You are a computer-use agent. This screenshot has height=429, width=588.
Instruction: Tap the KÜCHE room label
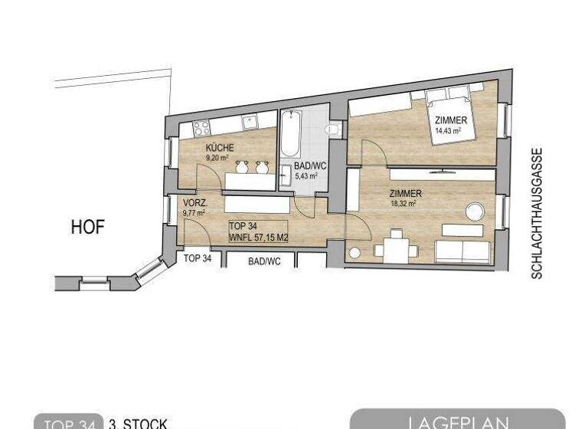(x=219, y=148)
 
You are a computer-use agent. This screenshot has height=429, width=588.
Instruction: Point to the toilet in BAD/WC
(x=332, y=130)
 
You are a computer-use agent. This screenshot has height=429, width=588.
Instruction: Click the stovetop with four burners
(x=202, y=127)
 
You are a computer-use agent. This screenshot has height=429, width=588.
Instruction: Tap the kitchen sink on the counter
(x=250, y=121)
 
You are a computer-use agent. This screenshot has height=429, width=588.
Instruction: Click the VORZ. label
(x=194, y=203)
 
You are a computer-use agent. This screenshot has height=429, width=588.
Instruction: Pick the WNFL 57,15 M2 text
(x=258, y=237)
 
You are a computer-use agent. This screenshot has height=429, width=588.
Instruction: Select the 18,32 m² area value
(x=402, y=204)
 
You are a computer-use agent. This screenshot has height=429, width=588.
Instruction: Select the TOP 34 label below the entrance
(x=198, y=259)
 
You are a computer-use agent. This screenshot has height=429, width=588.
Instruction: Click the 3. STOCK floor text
(x=138, y=423)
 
